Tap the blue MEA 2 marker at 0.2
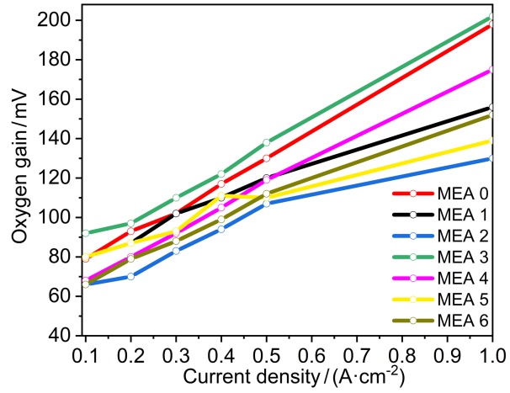[x=130, y=276]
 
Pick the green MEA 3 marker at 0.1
[x=86, y=232]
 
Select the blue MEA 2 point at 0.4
[x=221, y=229]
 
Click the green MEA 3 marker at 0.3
[x=176, y=198]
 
